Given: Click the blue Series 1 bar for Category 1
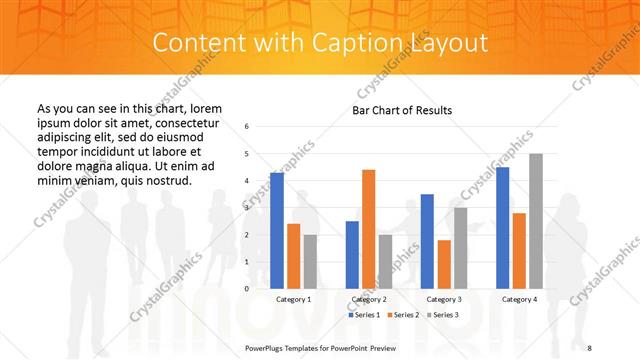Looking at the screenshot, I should [277, 231].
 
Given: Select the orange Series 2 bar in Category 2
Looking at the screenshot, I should [368, 229].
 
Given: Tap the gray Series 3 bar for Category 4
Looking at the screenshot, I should [536, 221].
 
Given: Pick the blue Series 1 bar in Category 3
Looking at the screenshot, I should [427, 241].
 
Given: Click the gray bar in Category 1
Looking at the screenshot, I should [310, 261].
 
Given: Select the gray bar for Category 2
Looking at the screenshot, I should [385, 261].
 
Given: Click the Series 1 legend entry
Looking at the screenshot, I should [364, 315].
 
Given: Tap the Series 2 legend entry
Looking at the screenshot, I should [404, 315].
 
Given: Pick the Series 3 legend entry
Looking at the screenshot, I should [445, 315].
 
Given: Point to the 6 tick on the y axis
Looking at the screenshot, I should [247, 127].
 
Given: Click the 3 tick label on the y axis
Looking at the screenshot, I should [247, 208].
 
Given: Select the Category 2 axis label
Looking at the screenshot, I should [368, 299].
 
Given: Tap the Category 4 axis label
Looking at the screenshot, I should [519, 299].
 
